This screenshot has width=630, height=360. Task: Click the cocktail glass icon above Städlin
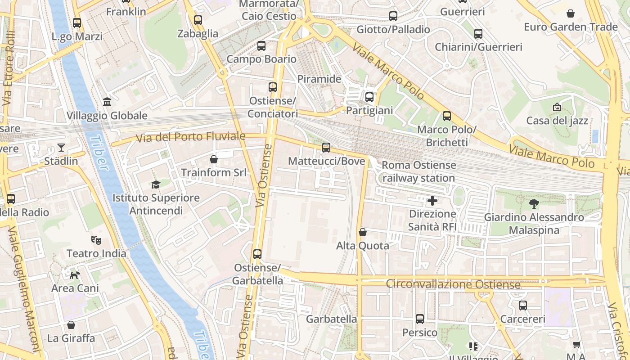[x=61, y=147]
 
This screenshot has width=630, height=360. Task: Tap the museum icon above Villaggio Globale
[x=107, y=102]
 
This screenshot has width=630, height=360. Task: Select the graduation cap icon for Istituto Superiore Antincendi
[x=156, y=184]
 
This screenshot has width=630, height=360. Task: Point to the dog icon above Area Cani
[x=75, y=274]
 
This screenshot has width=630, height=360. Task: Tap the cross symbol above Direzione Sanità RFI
[x=432, y=200]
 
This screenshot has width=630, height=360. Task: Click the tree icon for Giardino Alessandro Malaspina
[x=534, y=204]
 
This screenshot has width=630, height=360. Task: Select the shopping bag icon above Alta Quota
[x=363, y=232]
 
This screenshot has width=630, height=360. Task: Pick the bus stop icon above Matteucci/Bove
[x=326, y=147]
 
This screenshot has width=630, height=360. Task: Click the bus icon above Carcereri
[x=522, y=306]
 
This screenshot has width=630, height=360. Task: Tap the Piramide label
[x=319, y=79]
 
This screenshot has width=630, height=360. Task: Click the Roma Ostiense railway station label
[x=418, y=172]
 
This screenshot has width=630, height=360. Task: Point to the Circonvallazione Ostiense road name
[x=453, y=284]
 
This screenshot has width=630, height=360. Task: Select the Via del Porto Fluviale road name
[x=191, y=137]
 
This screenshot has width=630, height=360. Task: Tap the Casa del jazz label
[x=557, y=121]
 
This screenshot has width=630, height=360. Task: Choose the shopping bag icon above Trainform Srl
[x=214, y=159]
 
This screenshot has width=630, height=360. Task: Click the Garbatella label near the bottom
[x=331, y=319]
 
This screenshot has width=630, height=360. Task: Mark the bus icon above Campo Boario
[x=261, y=45]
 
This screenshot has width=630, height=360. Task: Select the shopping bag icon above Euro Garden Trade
[x=570, y=13]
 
